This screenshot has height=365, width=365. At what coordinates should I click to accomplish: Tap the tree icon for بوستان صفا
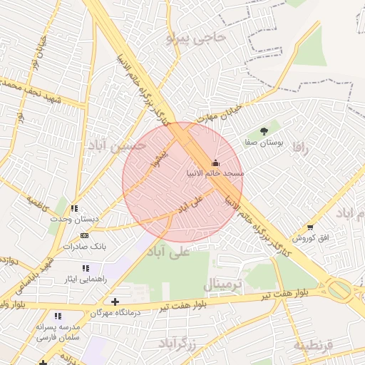pyautogui.click(x=264, y=131)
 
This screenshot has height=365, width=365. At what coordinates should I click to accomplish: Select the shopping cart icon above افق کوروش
pyautogui.click(x=310, y=227)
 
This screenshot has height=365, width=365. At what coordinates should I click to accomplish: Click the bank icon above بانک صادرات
pyautogui.click(x=85, y=236)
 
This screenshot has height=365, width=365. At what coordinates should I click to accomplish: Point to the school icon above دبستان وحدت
pyautogui.click(x=75, y=209)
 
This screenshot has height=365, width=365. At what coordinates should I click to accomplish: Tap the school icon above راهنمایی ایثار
pyautogui.click(x=85, y=269)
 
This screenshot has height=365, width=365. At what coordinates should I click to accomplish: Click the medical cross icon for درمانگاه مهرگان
pyautogui.click(x=115, y=302)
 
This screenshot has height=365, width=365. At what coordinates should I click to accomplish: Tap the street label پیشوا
pyautogui.click(x=161, y=156)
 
